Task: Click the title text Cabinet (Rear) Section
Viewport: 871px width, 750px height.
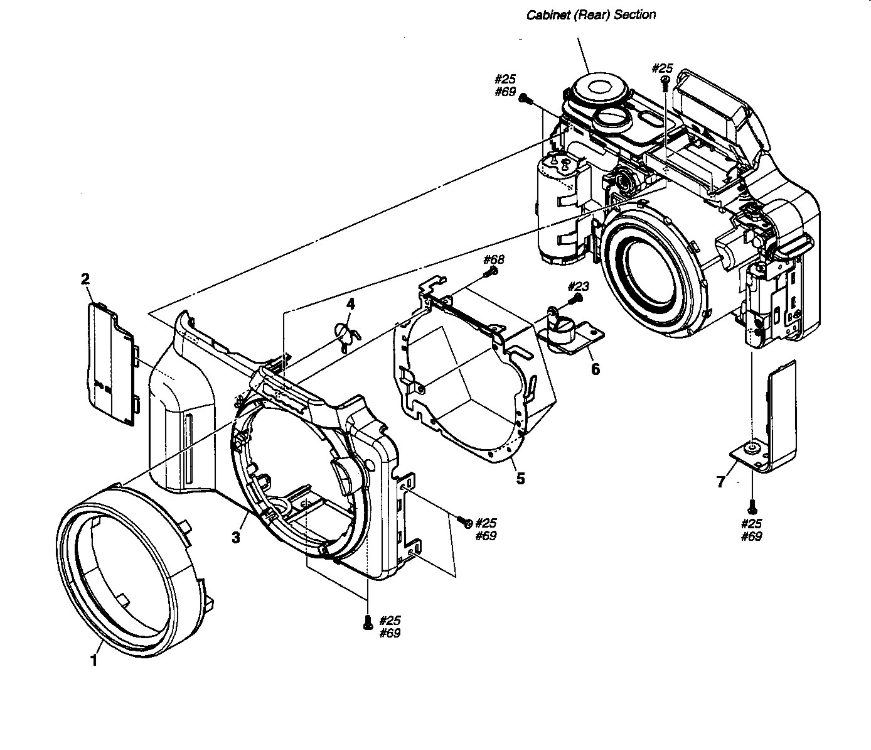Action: pos(590,15)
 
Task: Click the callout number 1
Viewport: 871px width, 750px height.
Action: pos(94,660)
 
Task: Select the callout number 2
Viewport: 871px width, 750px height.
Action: pos(85,279)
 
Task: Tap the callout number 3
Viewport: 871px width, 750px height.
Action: pos(236,537)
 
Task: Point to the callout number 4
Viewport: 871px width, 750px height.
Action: pos(351,303)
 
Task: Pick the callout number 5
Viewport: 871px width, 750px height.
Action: pos(521,479)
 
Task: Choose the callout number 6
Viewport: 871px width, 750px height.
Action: pos(595,369)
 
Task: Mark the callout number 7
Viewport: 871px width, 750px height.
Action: pos(721,481)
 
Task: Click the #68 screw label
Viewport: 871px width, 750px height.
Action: pos(493,259)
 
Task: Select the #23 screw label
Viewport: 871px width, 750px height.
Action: pos(579,287)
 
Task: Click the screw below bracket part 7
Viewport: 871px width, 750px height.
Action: pos(752,507)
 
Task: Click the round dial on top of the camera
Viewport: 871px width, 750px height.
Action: pos(600,89)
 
